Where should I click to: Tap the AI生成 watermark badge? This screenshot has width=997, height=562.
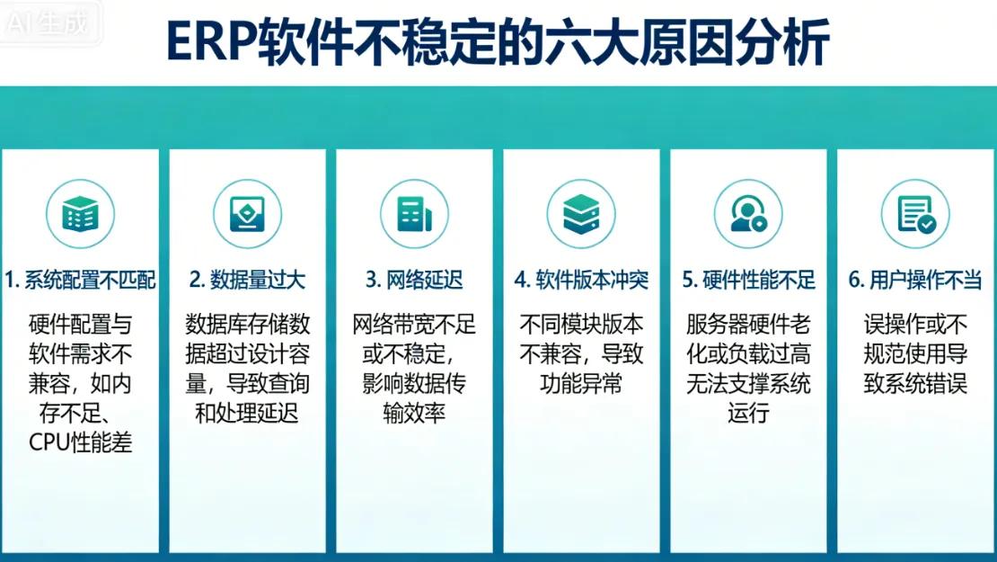[50, 22]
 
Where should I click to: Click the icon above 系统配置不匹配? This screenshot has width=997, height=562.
[81, 214]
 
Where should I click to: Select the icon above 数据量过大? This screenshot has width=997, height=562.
[247, 214]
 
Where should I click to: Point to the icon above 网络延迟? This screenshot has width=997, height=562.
[414, 214]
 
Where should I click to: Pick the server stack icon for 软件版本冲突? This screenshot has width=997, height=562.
[581, 214]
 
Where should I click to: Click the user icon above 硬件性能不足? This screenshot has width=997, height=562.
[748, 214]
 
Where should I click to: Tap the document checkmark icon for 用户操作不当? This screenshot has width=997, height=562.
[915, 214]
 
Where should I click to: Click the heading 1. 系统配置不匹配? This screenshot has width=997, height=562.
[81, 280]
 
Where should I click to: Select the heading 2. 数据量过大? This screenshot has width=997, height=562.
[247, 280]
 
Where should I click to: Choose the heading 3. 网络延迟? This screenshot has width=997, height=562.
[414, 280]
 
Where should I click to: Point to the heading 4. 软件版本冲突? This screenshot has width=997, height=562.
[581, 280]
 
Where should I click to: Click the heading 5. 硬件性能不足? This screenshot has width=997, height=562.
[748, 280]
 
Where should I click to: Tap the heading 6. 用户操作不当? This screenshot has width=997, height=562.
[915, 280]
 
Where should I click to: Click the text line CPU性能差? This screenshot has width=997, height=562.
[81, 442]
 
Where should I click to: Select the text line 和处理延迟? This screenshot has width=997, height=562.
[247, 413]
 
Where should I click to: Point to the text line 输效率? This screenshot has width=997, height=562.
[414, 413]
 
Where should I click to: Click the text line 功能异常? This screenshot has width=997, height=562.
[581, 383]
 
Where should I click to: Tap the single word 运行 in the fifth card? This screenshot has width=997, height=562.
[748, 413]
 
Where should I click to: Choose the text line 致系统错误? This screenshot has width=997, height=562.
[915, 383]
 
